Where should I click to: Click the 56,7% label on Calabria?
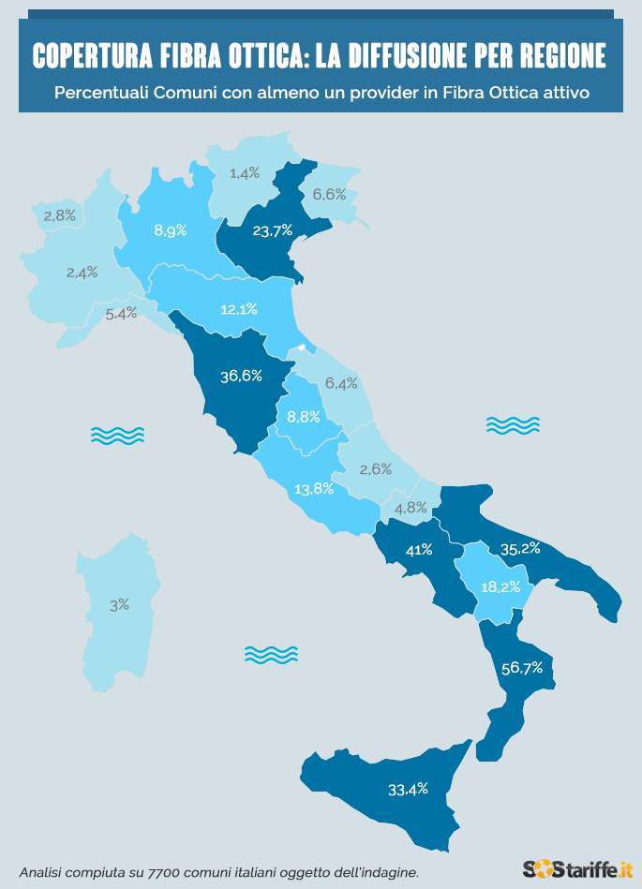[x=523, y=667]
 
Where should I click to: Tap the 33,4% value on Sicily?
[x=408, y=789]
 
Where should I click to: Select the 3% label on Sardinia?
[x=119, y=605]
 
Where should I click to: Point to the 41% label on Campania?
[x=418, y=550]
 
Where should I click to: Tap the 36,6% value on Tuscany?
[x=240, y=376]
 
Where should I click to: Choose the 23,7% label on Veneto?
[x=273, y=230]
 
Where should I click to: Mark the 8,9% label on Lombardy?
[x=170, y=230]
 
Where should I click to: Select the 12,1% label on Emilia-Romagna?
[x=239, y=308]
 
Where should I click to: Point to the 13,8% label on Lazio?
[x=314, y=489]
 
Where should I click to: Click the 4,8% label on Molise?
[x=411, y=508]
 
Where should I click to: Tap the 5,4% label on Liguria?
[x=121, y=314]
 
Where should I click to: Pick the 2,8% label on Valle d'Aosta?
[x=59, y=215]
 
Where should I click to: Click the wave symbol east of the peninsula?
[x=513, y=425]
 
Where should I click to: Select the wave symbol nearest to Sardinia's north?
[x=117, y=435]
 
